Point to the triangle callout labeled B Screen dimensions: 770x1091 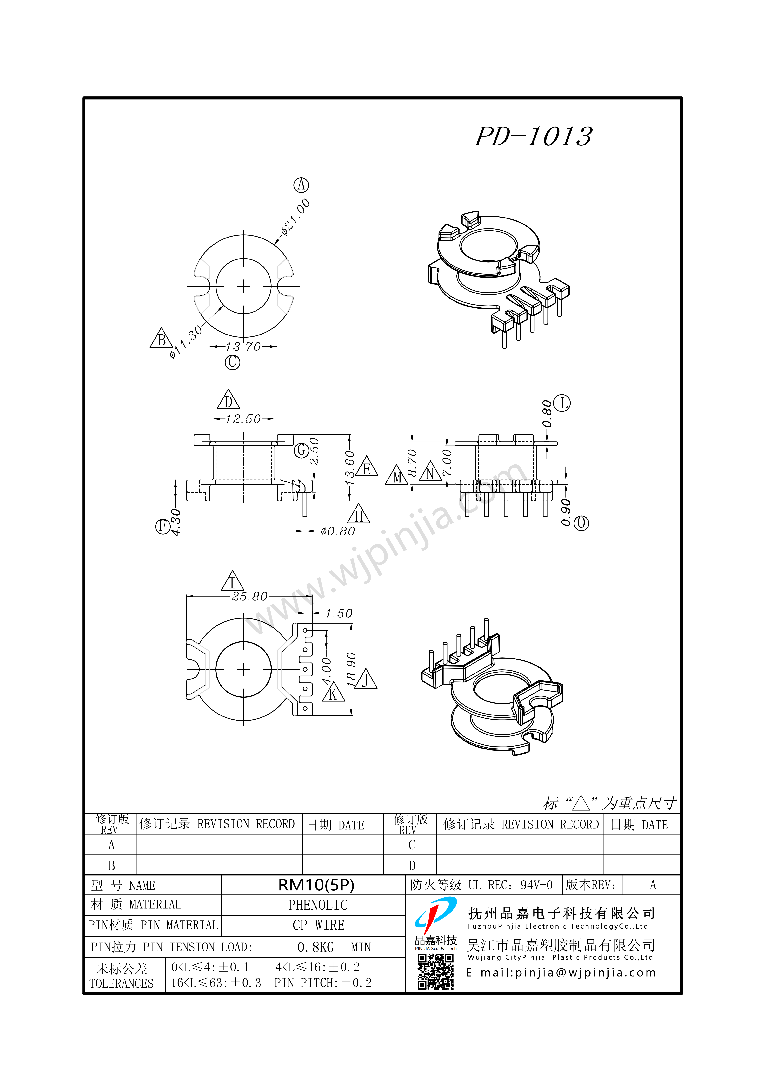point(161,338)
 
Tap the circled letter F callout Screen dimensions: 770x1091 point(163,526)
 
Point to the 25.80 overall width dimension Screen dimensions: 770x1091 point(249,596)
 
